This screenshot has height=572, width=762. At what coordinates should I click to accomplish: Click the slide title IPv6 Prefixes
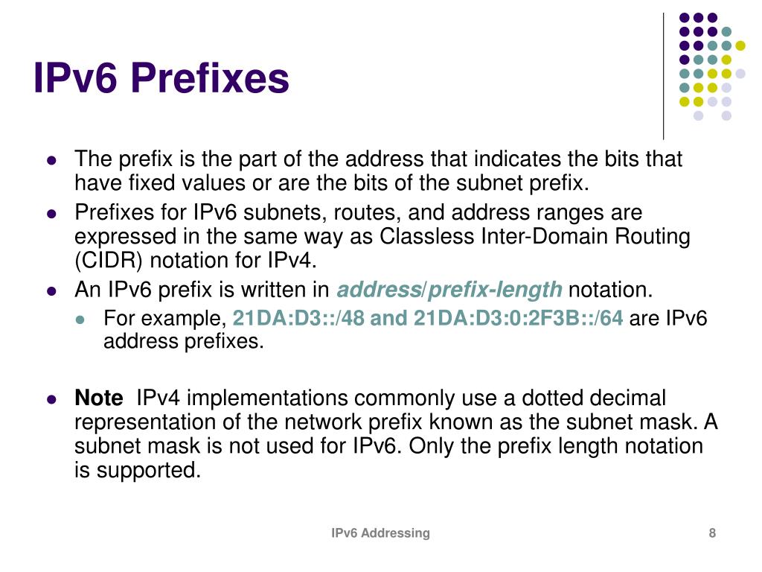pyautogui.click(x=161, y=79)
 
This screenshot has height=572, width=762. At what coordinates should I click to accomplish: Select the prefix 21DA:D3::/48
pyautogui.click(x=299, y=320)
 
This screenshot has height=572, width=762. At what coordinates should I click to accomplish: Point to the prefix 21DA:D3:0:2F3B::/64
pyautogui.click(x=518, y=320)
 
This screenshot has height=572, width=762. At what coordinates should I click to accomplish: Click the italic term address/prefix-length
pyautogui.click(x=449, y=290)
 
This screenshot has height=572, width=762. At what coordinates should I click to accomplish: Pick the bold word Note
pyautogui.click(x=98, y=398)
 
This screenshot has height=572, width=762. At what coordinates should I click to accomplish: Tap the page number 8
pyautogui.click(x=712, y=533)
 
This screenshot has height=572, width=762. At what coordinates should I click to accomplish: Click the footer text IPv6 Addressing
pyautogui.click(x=380, y=533)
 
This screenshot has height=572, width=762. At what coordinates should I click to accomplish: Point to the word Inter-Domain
pyautogui.click(x=539, y=237)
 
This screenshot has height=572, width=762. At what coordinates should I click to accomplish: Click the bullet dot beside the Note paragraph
pyautogui.click(x=51, y=399)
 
